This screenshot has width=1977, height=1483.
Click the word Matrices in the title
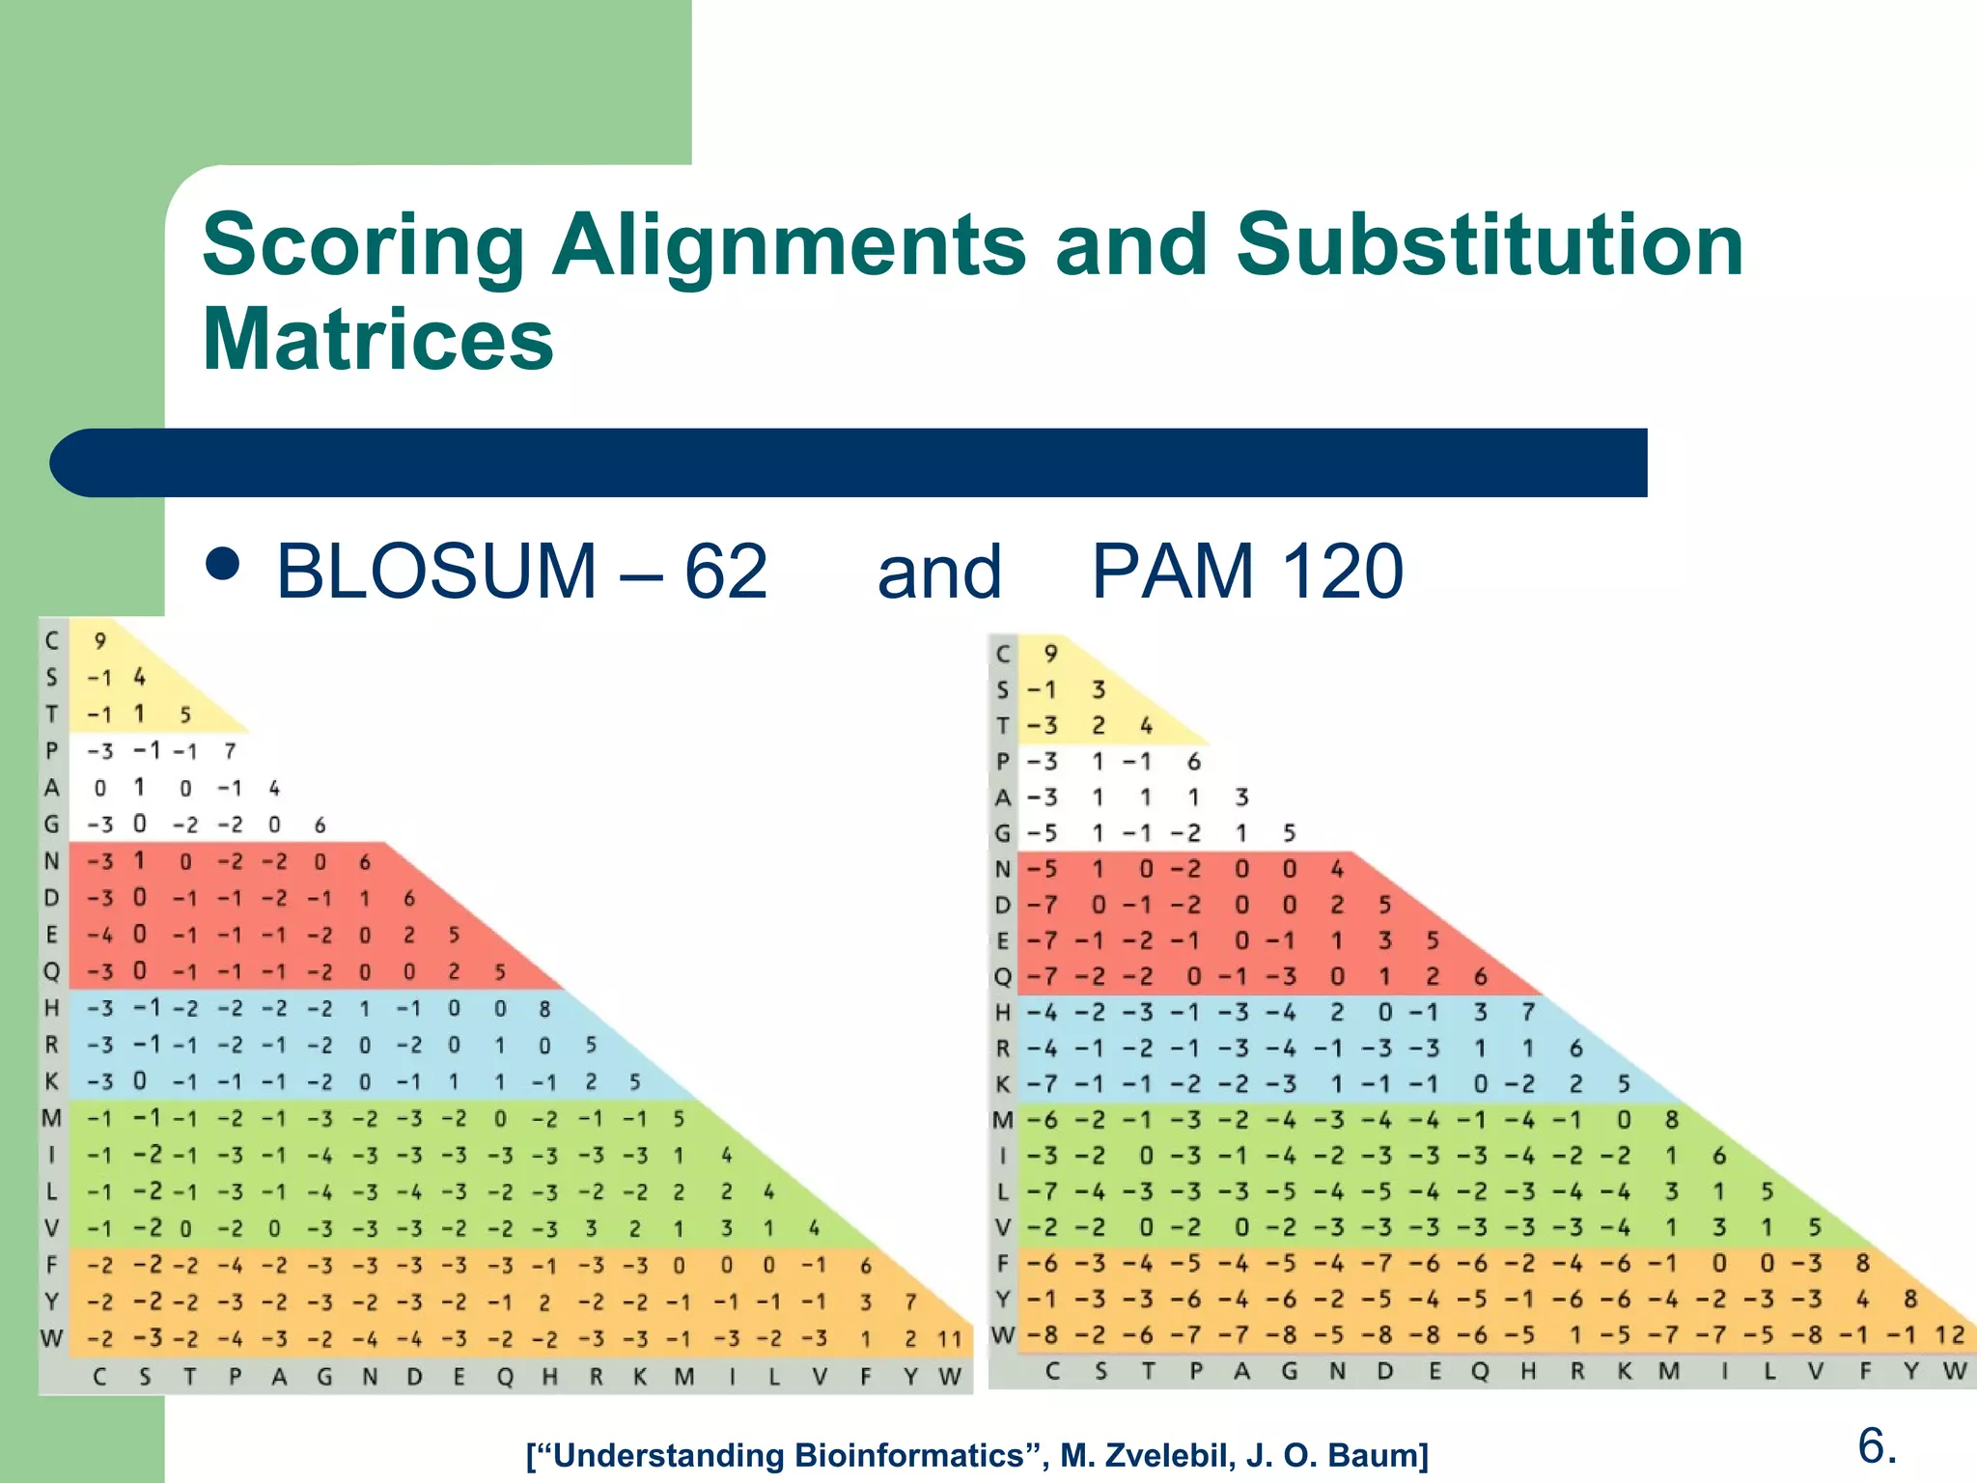click(x=377, y=339)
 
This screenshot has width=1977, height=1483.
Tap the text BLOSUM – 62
click(x=521, y=571)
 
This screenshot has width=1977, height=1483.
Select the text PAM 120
click(x=1246, y=571)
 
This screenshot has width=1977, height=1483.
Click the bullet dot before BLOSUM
click(x=223, y=564)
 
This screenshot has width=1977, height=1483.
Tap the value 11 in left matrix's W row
click(x=950, y=1339)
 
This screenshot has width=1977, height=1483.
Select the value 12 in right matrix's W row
click(x=1950, y=1335)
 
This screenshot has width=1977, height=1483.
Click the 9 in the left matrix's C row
click(x=99, y=640)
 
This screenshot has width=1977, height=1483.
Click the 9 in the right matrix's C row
click(x=1051, y=654)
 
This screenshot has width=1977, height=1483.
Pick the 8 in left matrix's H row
click(x=544, y=1008)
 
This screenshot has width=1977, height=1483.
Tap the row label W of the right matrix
click(x=1003, y=1335)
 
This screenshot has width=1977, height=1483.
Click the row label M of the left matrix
click(x=51, y=1118)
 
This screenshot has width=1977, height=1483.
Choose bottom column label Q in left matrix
click(x=504, y=1377)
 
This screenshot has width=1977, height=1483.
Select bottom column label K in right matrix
click(x=1625, y=1371)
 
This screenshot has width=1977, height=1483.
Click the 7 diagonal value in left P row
click(x=230, y=750)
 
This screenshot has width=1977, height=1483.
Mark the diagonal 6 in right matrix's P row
click(x=1194, y=762)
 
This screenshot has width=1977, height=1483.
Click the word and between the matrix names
click(x=938, y=571)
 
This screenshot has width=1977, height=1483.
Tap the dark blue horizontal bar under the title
click(x=849, y=462)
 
